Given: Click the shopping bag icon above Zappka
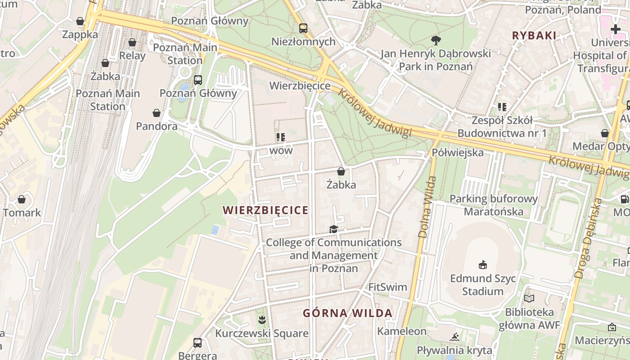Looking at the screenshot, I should (80, 21).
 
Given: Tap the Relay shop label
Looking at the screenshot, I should (132, 56).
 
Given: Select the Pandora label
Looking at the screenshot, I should (157, 126).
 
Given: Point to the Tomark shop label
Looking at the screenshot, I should (22, 212).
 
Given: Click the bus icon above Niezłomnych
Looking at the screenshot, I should (303, 28).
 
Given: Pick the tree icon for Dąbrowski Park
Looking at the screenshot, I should (436, 40).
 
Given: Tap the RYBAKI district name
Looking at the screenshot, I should (534, 36).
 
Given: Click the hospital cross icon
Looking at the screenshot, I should (616, 30).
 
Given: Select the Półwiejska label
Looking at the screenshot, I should (458, 153).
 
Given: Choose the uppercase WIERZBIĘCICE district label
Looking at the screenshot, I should (266, 210).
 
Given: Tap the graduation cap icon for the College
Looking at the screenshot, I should (333, 229).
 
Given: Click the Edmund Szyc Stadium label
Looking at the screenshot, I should (483, 284).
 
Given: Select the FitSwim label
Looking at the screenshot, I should (387, 287).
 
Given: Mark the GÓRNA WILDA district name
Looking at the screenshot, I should (347, 313).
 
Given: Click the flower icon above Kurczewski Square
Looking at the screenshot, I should (261, 320).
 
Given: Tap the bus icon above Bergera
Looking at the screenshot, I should (198, 343).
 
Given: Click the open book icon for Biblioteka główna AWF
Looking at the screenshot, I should (529, 298).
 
